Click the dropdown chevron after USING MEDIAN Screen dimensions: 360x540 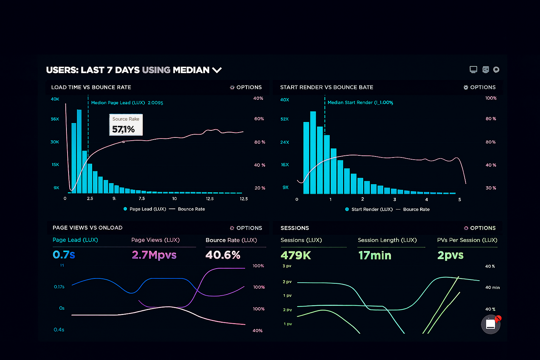(217, 70)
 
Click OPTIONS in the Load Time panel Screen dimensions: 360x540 (246, 87)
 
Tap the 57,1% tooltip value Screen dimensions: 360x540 (123, 129)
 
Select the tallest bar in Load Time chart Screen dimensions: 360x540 (79, 151)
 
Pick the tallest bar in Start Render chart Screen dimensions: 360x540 (313, 153)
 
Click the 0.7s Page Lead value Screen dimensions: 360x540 (64, 255)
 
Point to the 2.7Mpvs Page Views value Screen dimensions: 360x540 (154, 255)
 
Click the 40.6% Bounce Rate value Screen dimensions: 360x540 (223, 255)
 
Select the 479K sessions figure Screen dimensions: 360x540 (296, 255)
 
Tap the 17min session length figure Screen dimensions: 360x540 (375, 255)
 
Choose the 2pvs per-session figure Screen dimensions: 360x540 (450, 255)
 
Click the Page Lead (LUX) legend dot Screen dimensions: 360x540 (125, 209)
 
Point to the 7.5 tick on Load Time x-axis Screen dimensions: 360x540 (142, 199)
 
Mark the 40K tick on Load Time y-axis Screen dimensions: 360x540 (55, 99)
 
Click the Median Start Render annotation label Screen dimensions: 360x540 (360, 102)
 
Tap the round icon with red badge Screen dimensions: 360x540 (491, 324)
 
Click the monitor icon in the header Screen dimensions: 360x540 (474, 70)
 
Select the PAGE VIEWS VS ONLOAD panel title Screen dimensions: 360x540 (88, 228)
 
